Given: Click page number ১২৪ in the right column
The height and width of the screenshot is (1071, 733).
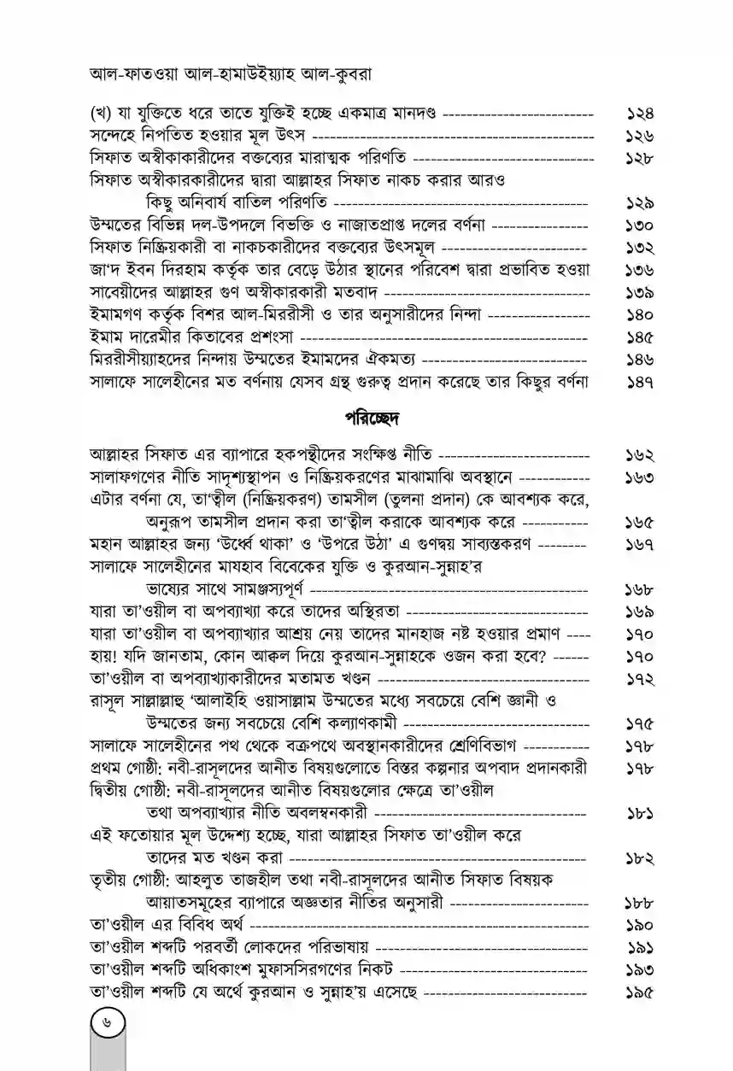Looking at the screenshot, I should pyautogui.click(x=635, y=113).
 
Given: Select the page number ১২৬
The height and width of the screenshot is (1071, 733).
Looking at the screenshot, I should pyautogui.click(x=635, y=136).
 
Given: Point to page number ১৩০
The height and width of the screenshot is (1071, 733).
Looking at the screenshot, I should pyautogui.click(x=635, y=226).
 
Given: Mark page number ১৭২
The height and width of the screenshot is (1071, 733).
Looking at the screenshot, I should pyautogui.click(x=635, y=680).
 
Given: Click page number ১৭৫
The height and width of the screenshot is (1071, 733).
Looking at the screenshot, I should pyautogui.click(x=635, y=724).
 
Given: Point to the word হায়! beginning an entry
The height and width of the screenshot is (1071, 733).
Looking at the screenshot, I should pyautogui.click(x=106, y=658).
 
